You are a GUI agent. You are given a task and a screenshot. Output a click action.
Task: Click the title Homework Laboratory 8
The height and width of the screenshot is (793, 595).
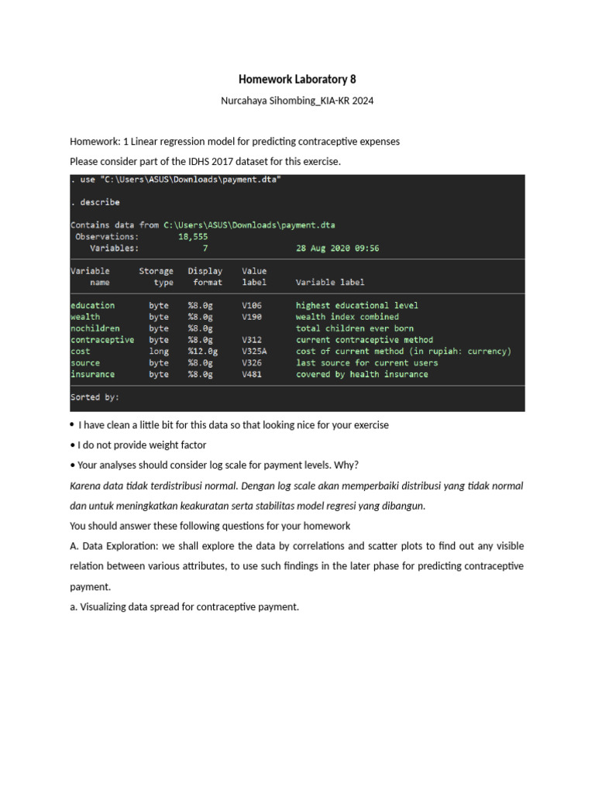[x=297, y=80]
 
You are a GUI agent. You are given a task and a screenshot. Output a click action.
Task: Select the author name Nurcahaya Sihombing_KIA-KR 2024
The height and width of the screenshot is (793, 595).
[x=297, y=101]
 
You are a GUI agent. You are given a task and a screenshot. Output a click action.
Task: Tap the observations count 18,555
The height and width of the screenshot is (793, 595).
[x=194, y=237]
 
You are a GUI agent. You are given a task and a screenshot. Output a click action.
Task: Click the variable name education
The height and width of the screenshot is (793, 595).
[x=92, y=305]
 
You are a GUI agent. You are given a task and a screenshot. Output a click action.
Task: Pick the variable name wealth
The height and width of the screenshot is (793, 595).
[x=84, y=317]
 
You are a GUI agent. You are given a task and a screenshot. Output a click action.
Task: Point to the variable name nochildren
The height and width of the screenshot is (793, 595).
[x=95, y=328]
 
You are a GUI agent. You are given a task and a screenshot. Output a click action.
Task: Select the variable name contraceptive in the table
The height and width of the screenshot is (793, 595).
[x=101, y=340]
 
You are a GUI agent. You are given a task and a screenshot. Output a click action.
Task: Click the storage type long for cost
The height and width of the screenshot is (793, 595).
[x=159, y=352]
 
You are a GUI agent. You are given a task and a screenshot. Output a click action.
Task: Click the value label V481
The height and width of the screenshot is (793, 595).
[x=252, y=375]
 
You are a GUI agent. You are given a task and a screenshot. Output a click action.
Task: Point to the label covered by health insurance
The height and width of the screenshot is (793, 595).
[x=362, y=375]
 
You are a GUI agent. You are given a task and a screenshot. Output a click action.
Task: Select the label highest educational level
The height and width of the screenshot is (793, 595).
[x=357, y=305]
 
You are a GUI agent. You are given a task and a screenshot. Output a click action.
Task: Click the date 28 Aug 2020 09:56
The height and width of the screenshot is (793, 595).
[x=338, y=249]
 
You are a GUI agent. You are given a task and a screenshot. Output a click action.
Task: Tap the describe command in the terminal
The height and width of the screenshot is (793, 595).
[x=98, y=203]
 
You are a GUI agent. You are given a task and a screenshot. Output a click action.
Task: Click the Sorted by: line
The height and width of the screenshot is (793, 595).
[x=95, y=397]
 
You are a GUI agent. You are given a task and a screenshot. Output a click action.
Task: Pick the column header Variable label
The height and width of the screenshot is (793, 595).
[x=330, y=283]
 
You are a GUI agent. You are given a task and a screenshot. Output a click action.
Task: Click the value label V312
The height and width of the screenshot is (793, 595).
[x=252, y=340]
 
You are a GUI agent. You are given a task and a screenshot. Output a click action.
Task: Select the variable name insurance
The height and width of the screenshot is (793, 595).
[x=92, y=375]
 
